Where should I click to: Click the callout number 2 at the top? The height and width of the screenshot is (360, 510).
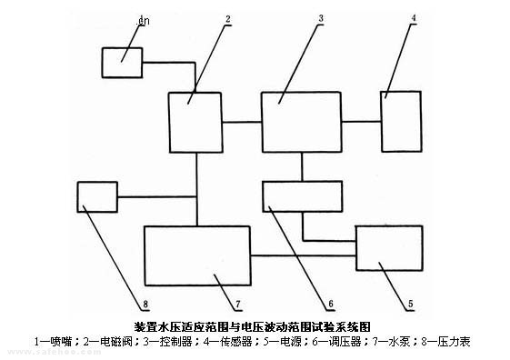click(x=228, y=19)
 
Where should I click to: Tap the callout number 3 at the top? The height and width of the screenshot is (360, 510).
click(x=321, y=18)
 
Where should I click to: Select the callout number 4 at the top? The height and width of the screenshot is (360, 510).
click(x=414, y=18)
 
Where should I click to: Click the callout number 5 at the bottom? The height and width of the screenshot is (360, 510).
click(x=411, y=304)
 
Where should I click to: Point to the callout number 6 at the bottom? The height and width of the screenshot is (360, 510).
click(x=331, y=304)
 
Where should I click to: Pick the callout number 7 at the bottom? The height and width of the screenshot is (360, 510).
click(x=238, y=304)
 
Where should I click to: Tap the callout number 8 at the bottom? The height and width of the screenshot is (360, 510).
click(x=145, y=304)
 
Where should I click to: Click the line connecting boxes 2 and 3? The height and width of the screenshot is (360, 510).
click(x=243, y=123)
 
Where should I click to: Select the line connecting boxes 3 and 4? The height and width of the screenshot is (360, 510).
click(x=362, y=122)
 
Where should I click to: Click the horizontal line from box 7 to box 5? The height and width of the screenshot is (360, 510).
click(x=304, y=256)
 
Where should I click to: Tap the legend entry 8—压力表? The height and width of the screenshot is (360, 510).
click(x=446, y=342)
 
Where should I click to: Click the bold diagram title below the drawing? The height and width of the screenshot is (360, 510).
click(x=253, y=326)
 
